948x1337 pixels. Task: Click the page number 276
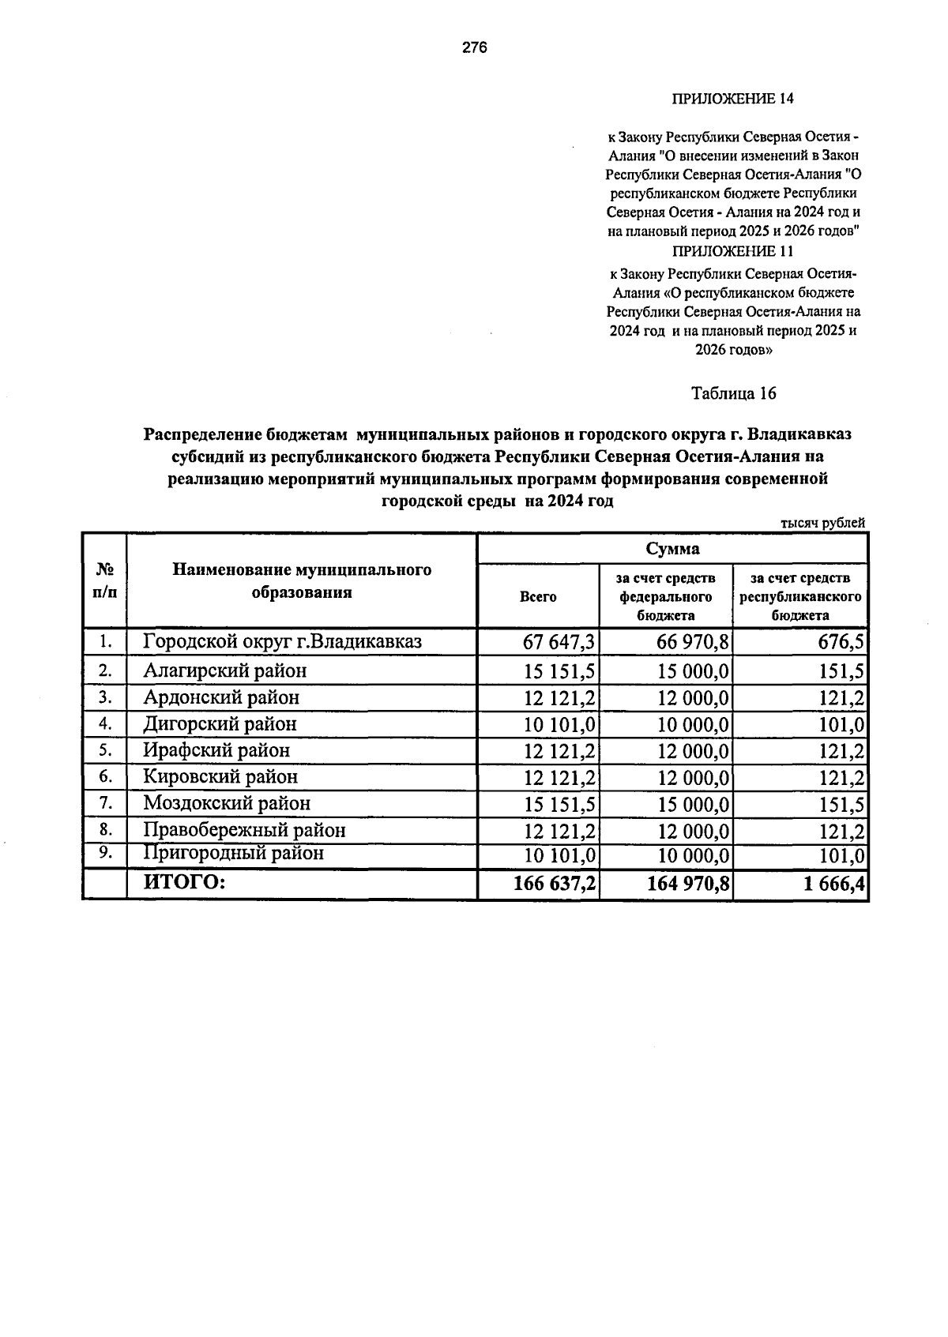(474, 47)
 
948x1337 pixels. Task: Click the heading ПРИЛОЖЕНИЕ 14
(732, 99)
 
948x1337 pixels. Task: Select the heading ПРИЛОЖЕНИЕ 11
(732, 251)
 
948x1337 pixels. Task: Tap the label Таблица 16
(734, 393)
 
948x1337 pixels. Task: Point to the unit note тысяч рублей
(822, 523)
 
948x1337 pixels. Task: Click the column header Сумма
(672, 549)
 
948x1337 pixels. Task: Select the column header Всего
(538, 597)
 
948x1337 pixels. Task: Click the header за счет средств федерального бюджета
(666, 597)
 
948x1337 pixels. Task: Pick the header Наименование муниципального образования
(302, 580)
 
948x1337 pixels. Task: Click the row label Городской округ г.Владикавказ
(282, 641)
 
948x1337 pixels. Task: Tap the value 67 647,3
(559, 642)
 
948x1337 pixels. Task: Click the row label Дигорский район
(220, 723)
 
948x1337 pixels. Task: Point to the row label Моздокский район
(227, 803)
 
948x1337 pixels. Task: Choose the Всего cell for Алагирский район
(559, 672)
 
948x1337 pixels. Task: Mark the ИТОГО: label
(184, 882)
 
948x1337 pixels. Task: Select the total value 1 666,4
(833, 884)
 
